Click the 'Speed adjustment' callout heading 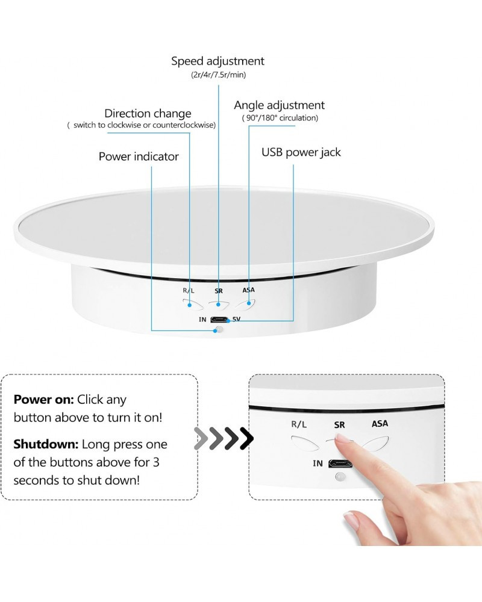tap(218, 61)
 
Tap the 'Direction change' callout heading tap(148, 113)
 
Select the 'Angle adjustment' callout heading tap(279, 105)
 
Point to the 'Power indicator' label tap(139, 157)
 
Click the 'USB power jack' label tap(301, 152)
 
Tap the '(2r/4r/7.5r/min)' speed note tap(218, 75)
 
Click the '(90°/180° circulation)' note tap(280, 118)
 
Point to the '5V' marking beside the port tap(236, 318)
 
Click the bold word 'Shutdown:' tap(46, 444)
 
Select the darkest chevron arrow tap(245, 439)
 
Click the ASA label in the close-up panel tap(380, 424)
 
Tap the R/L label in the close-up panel tap(299, 424)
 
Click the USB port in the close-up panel tap(340, 464)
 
